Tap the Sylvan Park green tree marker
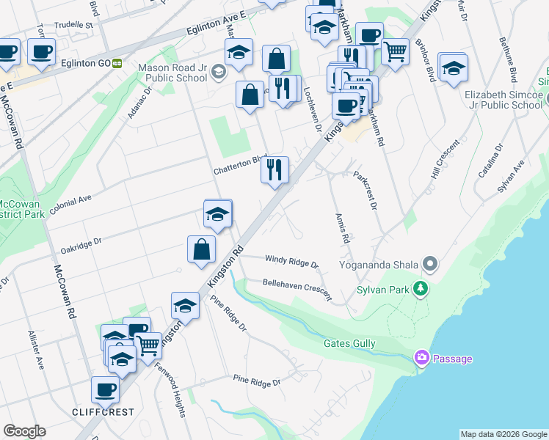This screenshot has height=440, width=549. pos(421,288)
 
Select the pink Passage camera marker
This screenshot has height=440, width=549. pos(421,358)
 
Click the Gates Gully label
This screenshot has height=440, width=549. pos(349,343)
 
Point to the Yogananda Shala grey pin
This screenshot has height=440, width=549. pos(431,263)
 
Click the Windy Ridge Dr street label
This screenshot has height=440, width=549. pos(291,261)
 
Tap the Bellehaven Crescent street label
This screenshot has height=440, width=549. pos(297,288)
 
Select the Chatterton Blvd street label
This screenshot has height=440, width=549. pos(239,165)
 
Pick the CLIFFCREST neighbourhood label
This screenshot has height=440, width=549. pos(103,412)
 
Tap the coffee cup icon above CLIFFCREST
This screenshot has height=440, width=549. pos(105,389)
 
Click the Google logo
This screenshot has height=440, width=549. pos(24,431)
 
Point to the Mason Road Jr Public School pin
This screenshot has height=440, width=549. pos(219,71)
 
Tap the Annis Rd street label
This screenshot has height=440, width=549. pos(341,230)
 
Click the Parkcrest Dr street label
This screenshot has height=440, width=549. pos(365,191)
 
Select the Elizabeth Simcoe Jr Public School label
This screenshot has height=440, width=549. pos(503,100)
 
